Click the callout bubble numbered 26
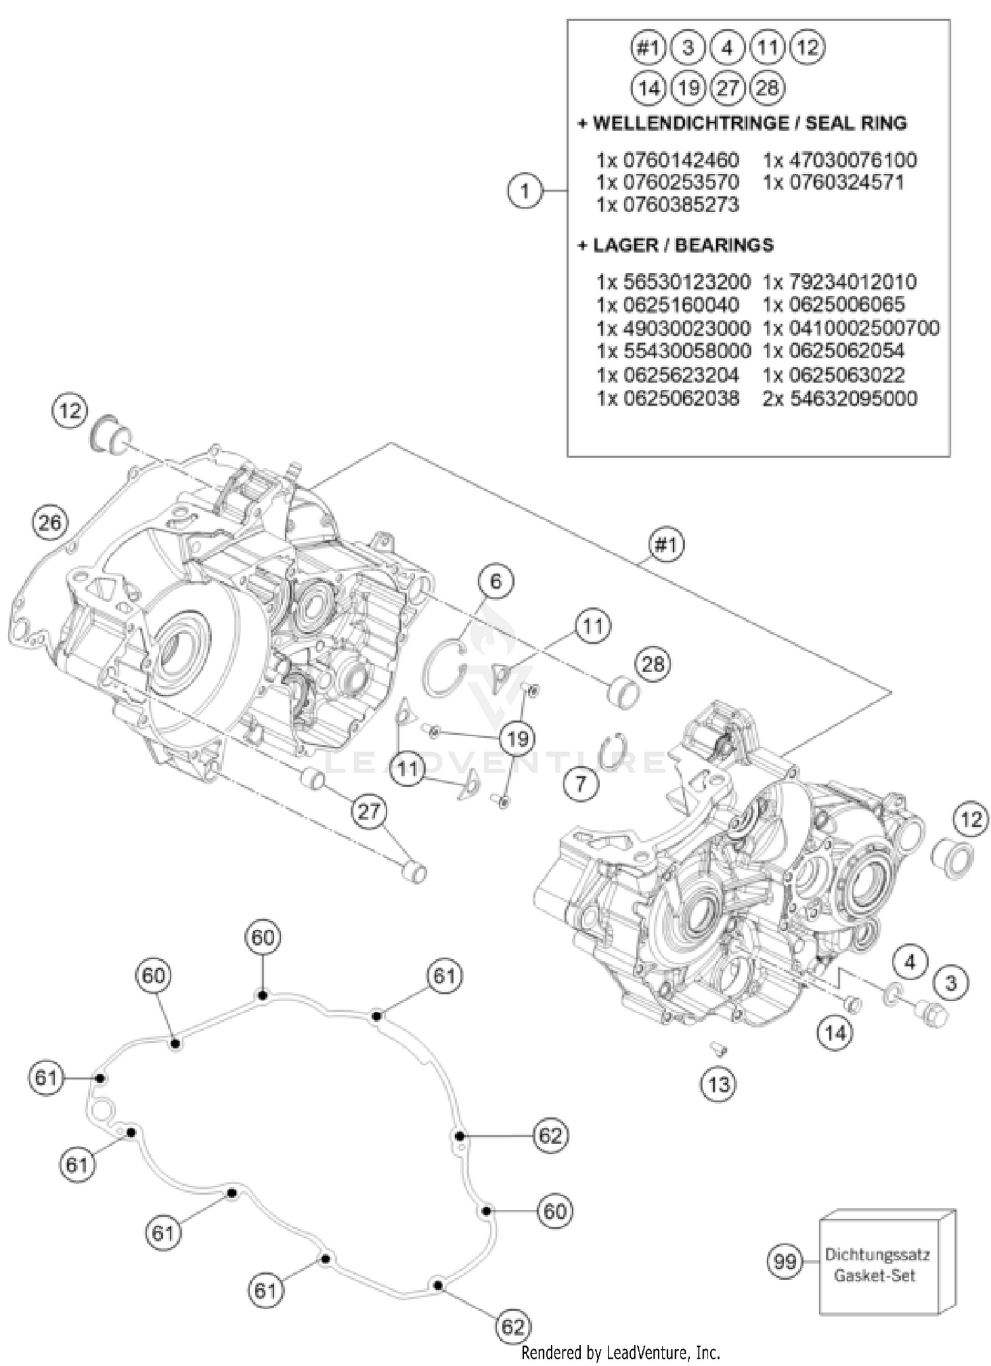[50, 523]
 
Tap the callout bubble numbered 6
[495, 581]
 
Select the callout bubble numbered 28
[653, 664]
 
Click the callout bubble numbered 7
[581, 784]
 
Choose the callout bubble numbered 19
[517, 738]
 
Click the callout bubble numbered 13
[718, 1084]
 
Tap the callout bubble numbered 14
[835, 1032]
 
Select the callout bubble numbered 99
[785, 1262]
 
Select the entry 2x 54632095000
[840, 398]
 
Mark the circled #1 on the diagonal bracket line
[666, 545]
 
